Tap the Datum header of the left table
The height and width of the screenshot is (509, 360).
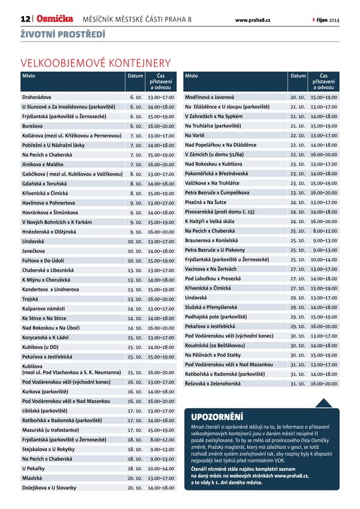tap(135, 77)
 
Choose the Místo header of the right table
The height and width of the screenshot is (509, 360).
tap(191, 77)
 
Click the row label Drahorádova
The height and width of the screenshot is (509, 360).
tap(39, 97)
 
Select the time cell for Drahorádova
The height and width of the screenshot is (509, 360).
tap(161, 97)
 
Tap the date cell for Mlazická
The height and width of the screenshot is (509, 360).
tap(135, 478)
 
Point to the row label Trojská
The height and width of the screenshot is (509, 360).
tap(31, 299)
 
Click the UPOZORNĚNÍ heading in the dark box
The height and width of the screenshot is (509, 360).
tap(217, 416)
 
